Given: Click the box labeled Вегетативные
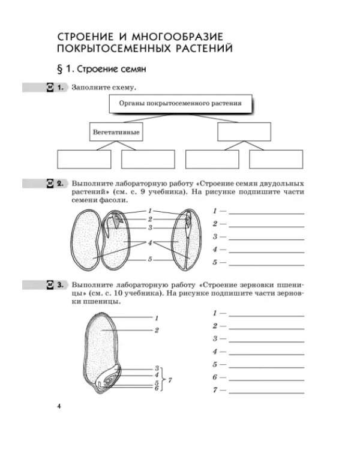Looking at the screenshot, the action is coord(116,132).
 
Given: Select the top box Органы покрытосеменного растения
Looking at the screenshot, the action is coord(181,104).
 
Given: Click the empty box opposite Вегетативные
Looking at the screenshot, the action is coord(244,132).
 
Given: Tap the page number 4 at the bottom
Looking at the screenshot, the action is coord(59,406).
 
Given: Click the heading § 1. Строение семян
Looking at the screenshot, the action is coord(101,69).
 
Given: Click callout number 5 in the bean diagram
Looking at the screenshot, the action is coord(150,259).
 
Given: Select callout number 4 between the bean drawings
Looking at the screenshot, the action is coord(150,243).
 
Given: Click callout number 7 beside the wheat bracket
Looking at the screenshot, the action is coord(170,380).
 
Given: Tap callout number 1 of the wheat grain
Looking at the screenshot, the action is coord(157,318).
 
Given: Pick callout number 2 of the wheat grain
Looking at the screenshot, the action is coord(157,331).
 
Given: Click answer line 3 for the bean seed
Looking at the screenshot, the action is coord(266,239).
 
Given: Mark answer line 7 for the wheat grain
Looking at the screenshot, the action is coord(266,393).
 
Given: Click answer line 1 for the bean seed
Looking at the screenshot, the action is coord(266,214).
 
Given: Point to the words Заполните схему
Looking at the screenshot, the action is coord(104,88).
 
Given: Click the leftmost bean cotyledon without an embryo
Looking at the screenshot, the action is coord(85,240).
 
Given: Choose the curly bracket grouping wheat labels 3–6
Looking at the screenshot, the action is coord(163,379).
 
